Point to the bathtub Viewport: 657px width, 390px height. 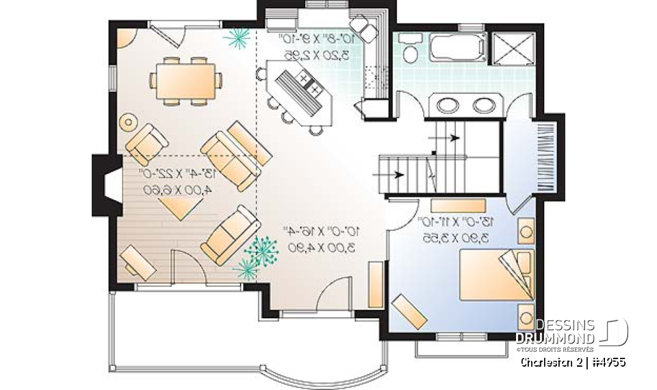(x=457, y=49)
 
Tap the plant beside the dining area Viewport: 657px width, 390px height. (x=238, y=38)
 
